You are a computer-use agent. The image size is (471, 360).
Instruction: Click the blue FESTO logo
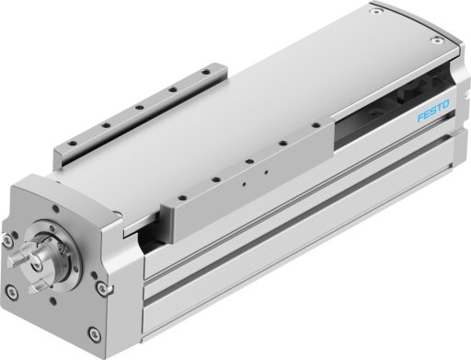pyautogui.click(x=433, y=110)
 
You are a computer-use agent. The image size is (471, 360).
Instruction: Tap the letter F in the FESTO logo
pyautogui.click(x=420, y=118)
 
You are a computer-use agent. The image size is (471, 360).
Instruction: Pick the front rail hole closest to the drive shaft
pyautogui.click(x=183, y=197)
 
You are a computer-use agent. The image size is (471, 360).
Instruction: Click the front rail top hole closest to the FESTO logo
pyautogui.click(x=316, y=125)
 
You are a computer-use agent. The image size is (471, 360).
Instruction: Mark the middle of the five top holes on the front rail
pyautogui.click(x=249, y=161)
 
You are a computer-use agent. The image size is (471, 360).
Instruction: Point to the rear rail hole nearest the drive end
pyautogui.click(x=72, y=143)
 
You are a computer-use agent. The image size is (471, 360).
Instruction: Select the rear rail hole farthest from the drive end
pyautogui.click(x=206, y=73)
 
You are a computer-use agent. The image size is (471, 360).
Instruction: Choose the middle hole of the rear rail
pyautogui.click(x=140, y=108)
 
